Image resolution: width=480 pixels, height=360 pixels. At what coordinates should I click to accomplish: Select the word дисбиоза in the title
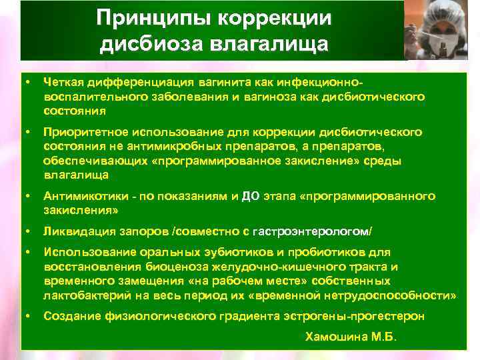[140, 45]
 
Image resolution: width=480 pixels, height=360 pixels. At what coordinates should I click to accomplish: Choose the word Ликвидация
[75, 231]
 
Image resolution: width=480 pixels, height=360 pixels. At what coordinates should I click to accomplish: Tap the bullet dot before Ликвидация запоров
[27, 231]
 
